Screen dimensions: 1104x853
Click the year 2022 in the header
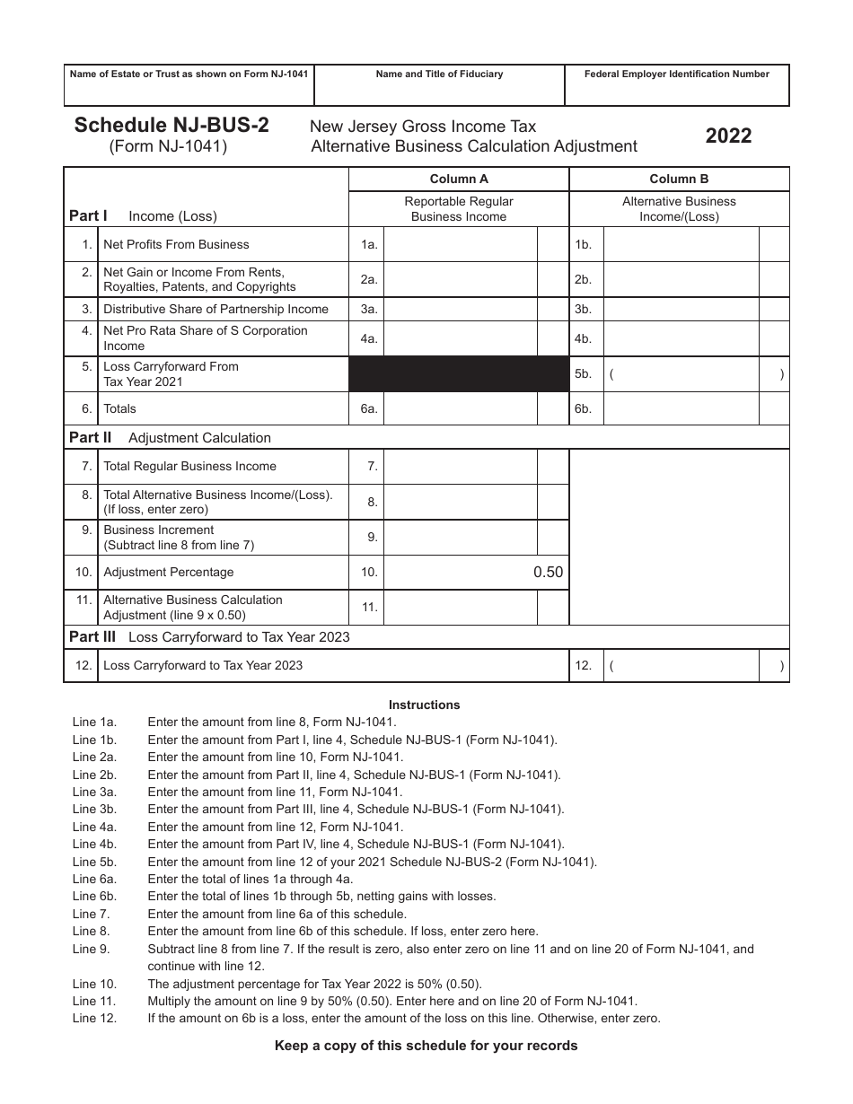click(x=728, y=136)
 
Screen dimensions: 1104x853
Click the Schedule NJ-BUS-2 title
click(x=171, y=126)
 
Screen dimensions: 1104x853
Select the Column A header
click(x=459, y=179)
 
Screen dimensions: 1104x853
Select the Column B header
click(x=679, y=179)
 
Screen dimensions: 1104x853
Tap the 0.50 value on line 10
click(x=548, y=572)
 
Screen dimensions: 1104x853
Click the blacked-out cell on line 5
click(x=459, y=373)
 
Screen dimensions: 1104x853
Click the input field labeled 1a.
click(x=461, y=244)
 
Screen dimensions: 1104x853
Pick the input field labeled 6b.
click(x=682, y=408)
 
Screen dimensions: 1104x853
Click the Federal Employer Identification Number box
click(x=677, y=85)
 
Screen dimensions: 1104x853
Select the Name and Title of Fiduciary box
click(x=439, y=85)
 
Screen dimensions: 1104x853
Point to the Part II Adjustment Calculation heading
click(x=171, y=437)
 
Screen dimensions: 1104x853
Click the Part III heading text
click(x=209, y=636)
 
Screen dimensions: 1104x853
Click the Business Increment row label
click(x=159, y=537)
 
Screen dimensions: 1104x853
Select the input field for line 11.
click(x=461, y=608)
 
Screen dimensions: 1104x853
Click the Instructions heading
click(x=424, y=705)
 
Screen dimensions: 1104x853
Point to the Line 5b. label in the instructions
click(x=94, y=862)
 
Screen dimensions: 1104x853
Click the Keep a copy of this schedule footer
click(x=426, y=1045)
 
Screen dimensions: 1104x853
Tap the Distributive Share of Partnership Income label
click(x=215, y=309)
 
